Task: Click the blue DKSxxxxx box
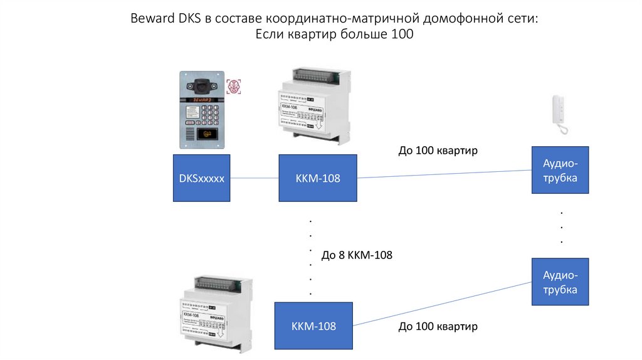point(202,178)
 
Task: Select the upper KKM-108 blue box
point(318,178)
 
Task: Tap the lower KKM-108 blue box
point(313,326)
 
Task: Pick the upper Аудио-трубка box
point(560,171)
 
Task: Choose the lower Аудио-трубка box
point(560,282)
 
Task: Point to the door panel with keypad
point(201,110)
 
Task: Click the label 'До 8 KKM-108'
point(357,255)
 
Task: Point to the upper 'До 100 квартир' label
point(438,151)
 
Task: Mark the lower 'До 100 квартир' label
point(438,327)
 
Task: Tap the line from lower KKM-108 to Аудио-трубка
point(442,304)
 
